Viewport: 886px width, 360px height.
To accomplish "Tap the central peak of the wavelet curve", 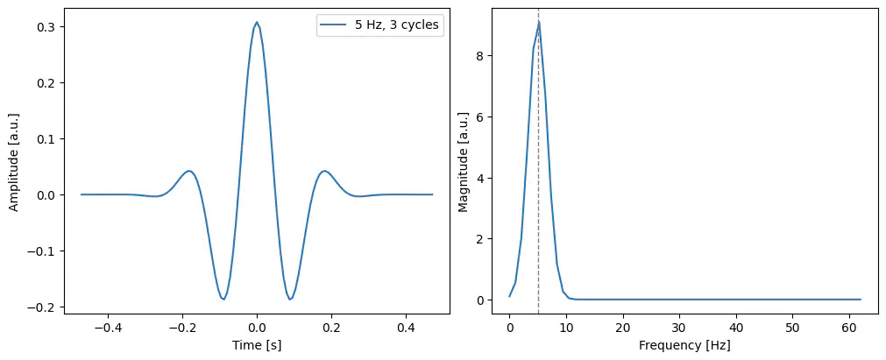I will coord(257,23).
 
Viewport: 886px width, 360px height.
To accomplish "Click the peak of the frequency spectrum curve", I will coord(538,22).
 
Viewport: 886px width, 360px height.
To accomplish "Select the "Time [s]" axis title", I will coord(257,346).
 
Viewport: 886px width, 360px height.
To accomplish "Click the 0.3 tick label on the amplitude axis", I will coord(45,27).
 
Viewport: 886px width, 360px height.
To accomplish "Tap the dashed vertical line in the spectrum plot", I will coord(538,175).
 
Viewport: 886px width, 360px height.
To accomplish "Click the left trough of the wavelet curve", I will coord(223,299).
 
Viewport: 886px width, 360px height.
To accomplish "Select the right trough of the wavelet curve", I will coord(290,299).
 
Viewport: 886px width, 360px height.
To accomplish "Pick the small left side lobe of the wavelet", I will coord(188,171).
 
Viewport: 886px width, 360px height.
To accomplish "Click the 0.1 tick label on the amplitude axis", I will coord(45,139).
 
